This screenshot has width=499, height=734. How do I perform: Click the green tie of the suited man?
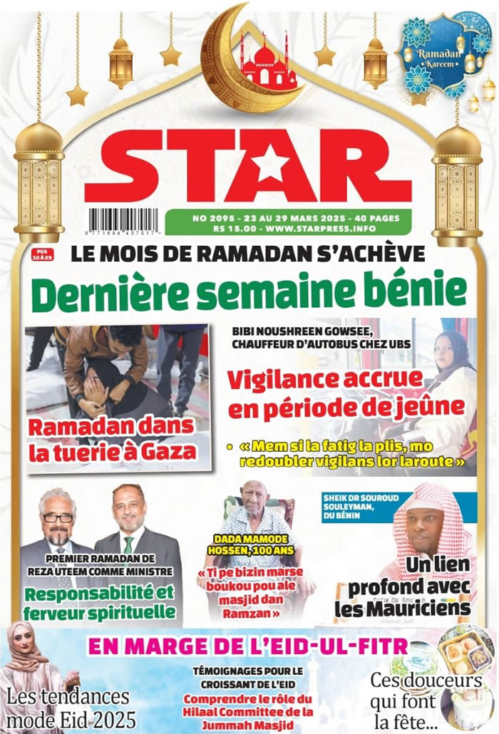pyautogui.click(x=128, y=544)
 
